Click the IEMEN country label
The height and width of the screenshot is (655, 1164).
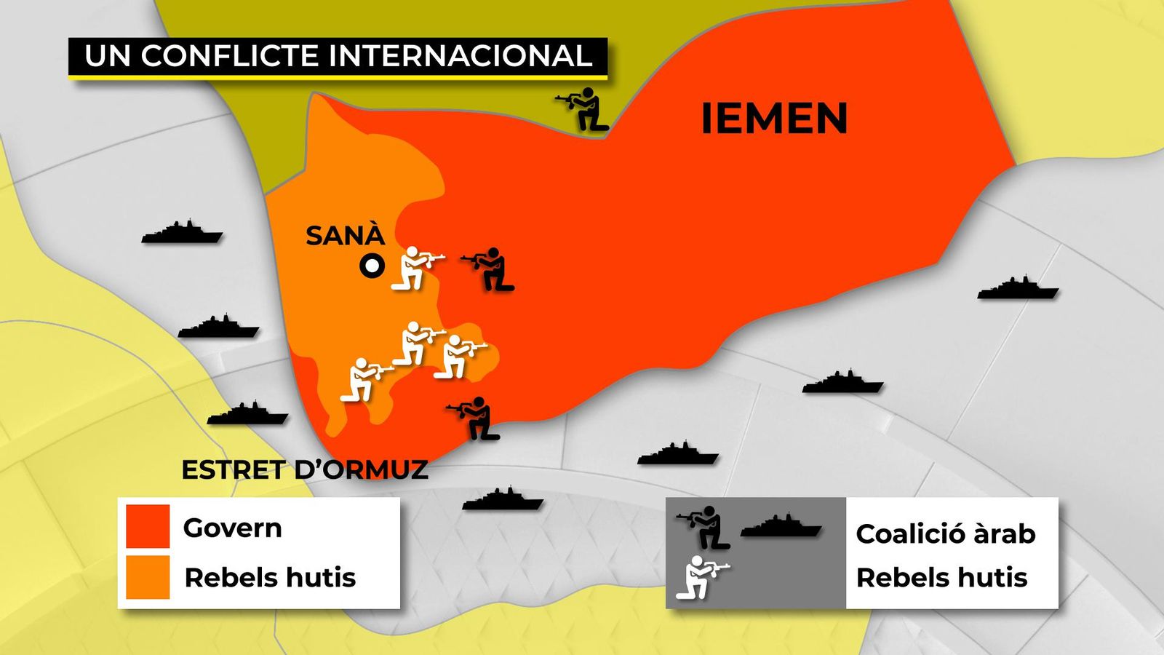point(774,118)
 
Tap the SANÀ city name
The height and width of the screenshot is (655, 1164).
point(345,236)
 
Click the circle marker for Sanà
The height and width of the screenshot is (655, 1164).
point(372,266)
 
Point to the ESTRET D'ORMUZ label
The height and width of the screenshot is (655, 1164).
point(305,470)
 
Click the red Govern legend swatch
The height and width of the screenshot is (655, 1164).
point(148,525)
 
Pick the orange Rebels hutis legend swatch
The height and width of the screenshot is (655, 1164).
point(148,577)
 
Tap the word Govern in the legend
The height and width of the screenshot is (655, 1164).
point(232,528)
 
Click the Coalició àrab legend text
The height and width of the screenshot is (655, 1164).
point(945,533)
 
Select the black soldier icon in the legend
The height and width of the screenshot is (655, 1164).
point(705,527)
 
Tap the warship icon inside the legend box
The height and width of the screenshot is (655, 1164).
point(781,525)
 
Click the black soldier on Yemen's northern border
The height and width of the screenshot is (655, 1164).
point(584,109)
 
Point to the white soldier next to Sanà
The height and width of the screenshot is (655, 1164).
point(415,268)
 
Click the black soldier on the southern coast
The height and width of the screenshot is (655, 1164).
point(476,418)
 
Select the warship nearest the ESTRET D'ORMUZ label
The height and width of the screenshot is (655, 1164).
point(247,414)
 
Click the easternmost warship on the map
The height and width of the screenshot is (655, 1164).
point(1018,289)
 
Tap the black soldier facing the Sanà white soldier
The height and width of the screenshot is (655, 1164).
point(490,269)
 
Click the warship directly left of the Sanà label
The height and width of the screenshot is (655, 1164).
point(182,232)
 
